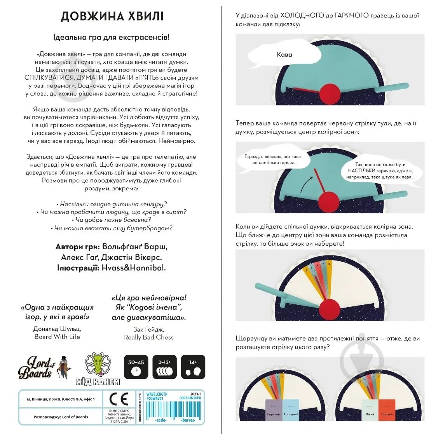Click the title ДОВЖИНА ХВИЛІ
click(112, 16)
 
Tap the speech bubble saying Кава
click(284, 55)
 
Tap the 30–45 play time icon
click(136, 367)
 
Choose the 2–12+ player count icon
click(164, 367)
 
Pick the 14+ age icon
click(193, 367)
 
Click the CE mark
click(119, 399)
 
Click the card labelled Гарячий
click(274, 409)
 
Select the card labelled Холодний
click(291, 409)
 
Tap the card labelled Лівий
click(370, 409)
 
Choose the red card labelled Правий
click(387, 409)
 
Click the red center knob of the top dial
click(330, 94)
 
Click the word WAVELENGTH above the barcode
click(157, 394)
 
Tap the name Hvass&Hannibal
click(134, 268)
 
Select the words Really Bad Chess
click(149, 337)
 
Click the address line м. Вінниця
click(61, 399)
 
